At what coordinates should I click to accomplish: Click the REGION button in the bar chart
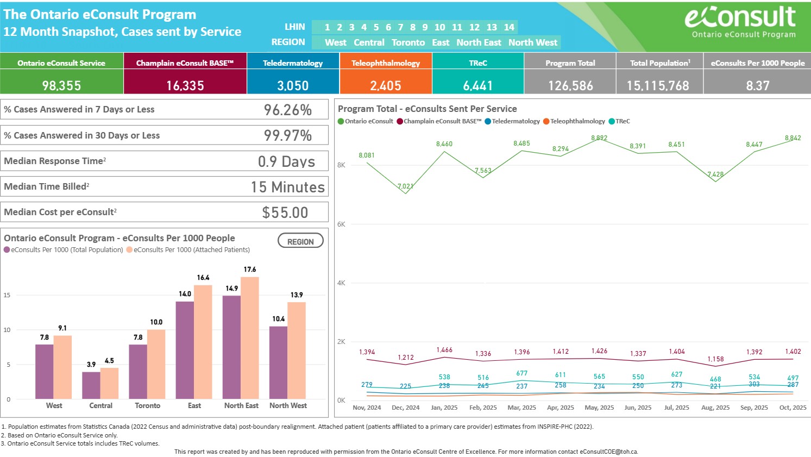tap(300, 241)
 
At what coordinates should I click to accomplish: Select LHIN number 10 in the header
tap(439, 27)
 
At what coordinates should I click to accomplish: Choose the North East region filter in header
tap(479, 42)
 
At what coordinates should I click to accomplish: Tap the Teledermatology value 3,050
tap(293, 86)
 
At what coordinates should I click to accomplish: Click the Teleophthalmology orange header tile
tap(386, 63)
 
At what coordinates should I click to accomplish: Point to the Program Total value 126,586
tap(570, 86)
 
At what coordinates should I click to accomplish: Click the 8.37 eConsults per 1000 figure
tap(757, 86)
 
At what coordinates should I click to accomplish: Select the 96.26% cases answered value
tap(288, 110)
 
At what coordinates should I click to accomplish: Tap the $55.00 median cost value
tap(285, 212)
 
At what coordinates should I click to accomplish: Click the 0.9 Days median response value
tap(286, 161)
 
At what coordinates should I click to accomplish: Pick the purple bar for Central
tap(91, 385)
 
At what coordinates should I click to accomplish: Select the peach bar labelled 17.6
tap(250, 337)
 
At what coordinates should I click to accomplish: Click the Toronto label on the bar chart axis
tap(148, 405)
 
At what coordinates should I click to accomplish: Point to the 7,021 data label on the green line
tap(405, 186)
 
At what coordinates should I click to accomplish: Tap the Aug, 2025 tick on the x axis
tap(715, 408)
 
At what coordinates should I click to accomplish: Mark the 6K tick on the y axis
tap(341, 224)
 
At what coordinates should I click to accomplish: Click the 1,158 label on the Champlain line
tap(715, 359)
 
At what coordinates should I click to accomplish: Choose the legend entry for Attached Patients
tap(188, 250)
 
